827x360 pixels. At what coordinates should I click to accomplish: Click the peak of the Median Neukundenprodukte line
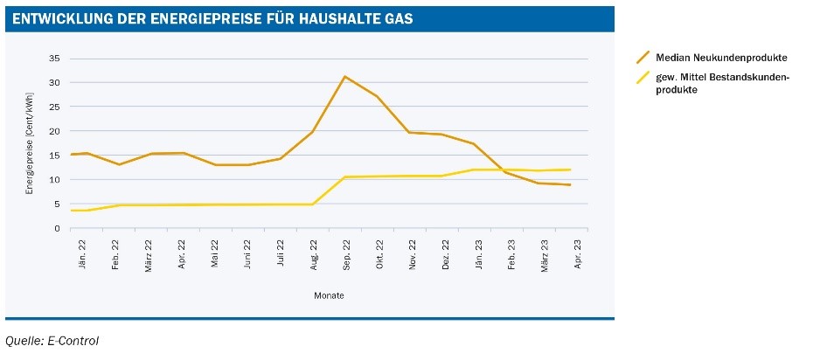tap(344, 77)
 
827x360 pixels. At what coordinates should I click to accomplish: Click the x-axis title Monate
tap(329, 295)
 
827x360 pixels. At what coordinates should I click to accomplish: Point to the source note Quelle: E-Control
tap(52, 340)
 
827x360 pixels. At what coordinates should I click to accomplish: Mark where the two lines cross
tap(501, 170)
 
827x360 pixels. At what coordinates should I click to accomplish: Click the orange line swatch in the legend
tap(643, 58)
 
